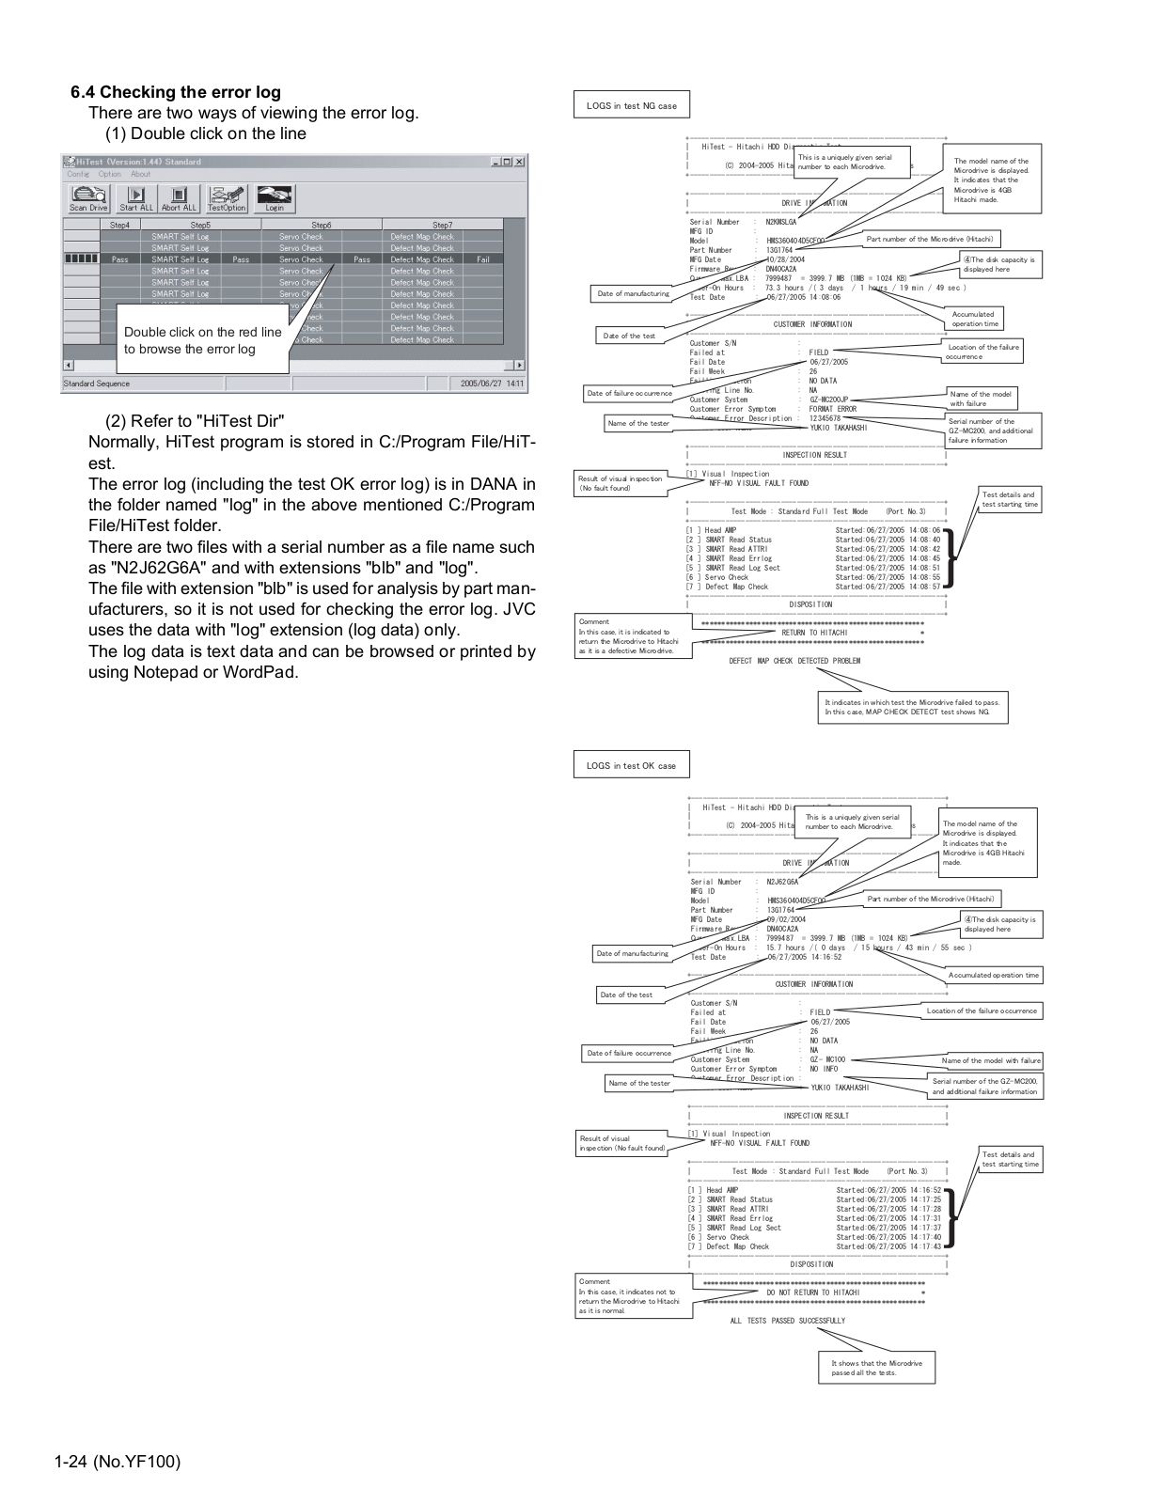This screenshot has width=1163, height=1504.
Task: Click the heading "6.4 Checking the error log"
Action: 176,92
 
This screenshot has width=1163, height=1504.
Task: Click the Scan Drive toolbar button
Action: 88,198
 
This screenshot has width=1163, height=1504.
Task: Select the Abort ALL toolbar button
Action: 179,198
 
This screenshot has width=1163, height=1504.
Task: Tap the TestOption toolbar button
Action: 227,198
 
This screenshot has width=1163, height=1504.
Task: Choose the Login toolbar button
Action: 275,198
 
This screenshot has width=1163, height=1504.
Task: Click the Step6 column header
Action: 322,225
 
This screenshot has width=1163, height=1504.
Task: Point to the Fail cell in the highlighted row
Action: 482,259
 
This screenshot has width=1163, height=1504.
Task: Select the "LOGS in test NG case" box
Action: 631,105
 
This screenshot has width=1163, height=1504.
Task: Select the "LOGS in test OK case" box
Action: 631,765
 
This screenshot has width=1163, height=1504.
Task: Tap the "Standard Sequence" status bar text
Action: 97,384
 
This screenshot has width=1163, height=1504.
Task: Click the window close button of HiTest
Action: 519,162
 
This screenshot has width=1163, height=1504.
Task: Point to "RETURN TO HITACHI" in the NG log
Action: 814,633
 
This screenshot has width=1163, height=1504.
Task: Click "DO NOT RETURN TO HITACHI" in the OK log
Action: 812,1292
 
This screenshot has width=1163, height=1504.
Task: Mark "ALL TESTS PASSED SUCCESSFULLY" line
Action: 787,1321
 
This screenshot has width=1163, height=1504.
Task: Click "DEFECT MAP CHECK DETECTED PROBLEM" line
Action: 794,661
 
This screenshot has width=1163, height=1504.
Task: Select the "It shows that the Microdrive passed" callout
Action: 876,1368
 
